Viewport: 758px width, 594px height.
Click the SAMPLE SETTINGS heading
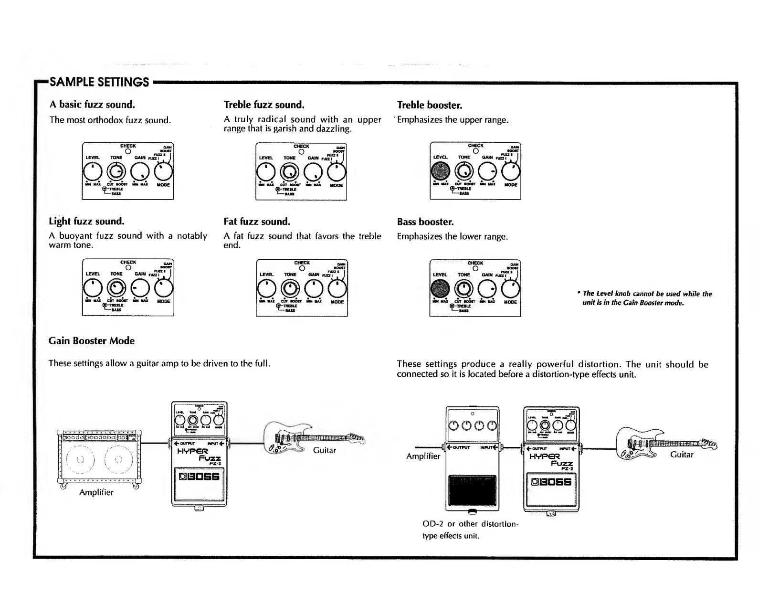pyautogui.click(x=99, y=82)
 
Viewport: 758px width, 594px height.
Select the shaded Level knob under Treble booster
pyautogui.click(x=440, y=170)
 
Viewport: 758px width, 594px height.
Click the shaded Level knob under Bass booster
pyautogui.click(x=440, y=288)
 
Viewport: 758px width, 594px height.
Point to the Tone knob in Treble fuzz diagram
pyautogui.click(x=289, y=171)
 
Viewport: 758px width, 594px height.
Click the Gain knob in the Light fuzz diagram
pyautogui.click(x=140, y=288)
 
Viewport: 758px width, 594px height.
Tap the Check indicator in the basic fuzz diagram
pyautogui.click(x=128, y=152)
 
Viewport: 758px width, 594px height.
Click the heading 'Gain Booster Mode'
pyautogui.click(x=91, y=340)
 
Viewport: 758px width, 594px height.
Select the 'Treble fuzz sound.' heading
pyautogui.click(x=264, y=105)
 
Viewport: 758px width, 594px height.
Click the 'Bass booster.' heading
pyautogui.click(x=425, y=222)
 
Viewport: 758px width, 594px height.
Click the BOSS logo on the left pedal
pyautogui.click(x=199, y=477)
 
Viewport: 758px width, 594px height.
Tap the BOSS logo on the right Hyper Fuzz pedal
pyautogui.click(x=551, y=482)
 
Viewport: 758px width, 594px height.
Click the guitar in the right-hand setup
pyautogui.click(x=665, y=444)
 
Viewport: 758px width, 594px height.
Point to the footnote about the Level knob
pyautogui.click(x=646, y=298)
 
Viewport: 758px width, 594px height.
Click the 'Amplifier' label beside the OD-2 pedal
pyautogui.click(x=423, y=456)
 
